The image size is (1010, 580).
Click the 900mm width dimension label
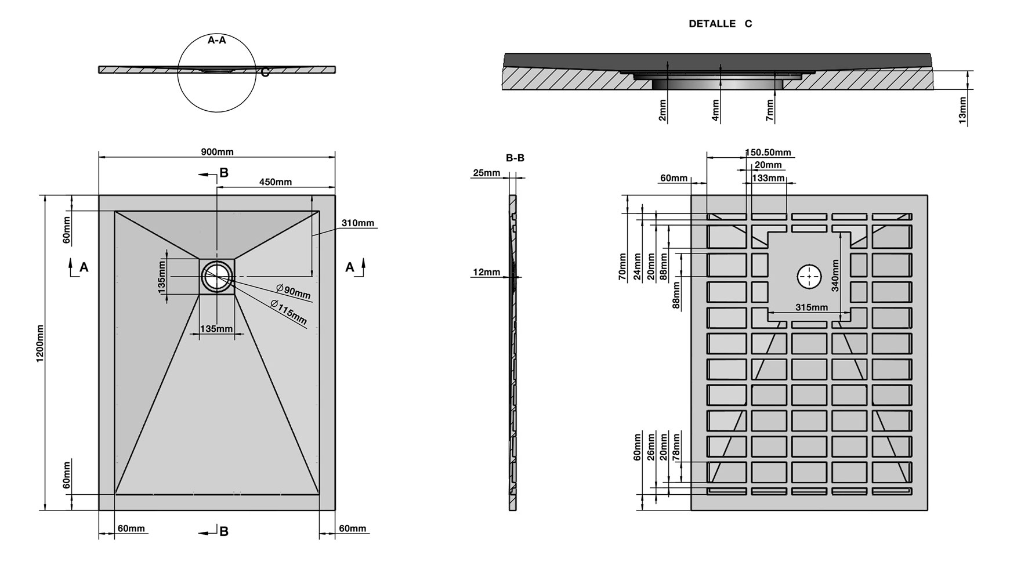coord(217,152)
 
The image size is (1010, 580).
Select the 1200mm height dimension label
coord(41,343)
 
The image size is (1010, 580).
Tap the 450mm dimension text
coord(275,182)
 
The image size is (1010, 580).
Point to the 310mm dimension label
coord(357,223)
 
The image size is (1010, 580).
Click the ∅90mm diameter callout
coord(294,291)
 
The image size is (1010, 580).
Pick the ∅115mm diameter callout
coord(288,312)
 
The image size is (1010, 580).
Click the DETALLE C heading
coord(720,24)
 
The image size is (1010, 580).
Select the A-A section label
coord(216,40)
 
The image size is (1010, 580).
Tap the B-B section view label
coord(515,158)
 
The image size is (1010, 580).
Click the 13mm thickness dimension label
coord(962,110)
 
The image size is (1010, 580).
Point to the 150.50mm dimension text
coord(768,153)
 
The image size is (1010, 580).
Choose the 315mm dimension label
coord(811,307)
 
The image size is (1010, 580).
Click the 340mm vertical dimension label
coord(835,275)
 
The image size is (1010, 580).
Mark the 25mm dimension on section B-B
coord(486,173)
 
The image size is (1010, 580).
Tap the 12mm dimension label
coord(486,272)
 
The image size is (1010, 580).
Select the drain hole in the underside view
coord(809,277)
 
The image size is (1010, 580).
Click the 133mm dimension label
coord(768,178)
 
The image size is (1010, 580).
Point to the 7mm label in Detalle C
coord(770,110)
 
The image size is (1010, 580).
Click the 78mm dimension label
coord(676,447)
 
